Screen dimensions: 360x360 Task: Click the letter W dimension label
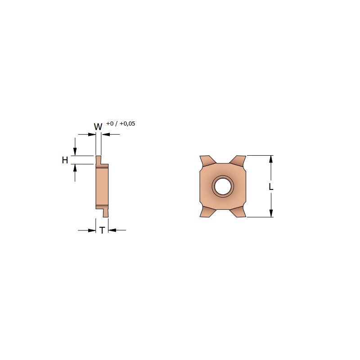pos(98,126)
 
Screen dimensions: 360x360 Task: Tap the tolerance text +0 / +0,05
pos(121,124)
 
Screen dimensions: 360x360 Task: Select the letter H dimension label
pos(65,160)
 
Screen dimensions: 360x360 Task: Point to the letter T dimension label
pos(102,230)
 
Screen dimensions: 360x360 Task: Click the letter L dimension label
pos(271,186)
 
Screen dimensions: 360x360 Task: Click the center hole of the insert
pos(222,186)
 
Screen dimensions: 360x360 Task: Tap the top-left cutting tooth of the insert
pos(207,160)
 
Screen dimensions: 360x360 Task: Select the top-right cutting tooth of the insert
pos(238,160)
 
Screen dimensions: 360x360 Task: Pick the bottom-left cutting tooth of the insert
pos(207,212)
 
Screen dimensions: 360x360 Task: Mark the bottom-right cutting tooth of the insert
pos(238,212)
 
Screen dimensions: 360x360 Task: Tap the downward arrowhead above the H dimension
pos(75,153)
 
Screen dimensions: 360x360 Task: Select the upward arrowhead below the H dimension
pos(75,167)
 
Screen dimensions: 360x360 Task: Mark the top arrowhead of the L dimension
pos(271,159)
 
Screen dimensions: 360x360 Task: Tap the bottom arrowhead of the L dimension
pos(271,214)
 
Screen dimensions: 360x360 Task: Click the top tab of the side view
pos(98,160)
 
